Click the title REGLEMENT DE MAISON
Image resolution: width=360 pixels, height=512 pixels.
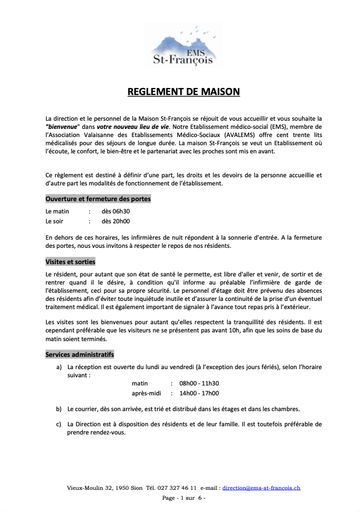(184, 92)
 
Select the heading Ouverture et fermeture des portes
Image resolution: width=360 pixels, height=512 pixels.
(98, 199)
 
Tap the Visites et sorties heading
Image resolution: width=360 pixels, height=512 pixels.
(70, 262)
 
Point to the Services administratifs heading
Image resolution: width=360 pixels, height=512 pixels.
(79, 354)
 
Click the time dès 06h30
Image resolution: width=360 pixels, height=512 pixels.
(116, 212)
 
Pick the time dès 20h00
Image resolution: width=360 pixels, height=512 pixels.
(116, 221)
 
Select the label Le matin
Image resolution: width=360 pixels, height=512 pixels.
(57, 212)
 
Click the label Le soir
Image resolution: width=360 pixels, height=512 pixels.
(55, 221)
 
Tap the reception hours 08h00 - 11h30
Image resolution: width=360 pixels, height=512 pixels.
(199, 384)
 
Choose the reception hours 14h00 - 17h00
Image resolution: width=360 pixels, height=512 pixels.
(199, 394)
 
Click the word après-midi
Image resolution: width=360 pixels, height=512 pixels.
(145, 394)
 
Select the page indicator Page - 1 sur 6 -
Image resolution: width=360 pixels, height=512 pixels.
(183, 499)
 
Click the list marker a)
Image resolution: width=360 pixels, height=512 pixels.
(59, 367)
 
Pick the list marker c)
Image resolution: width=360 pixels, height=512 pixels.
(59, 425)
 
